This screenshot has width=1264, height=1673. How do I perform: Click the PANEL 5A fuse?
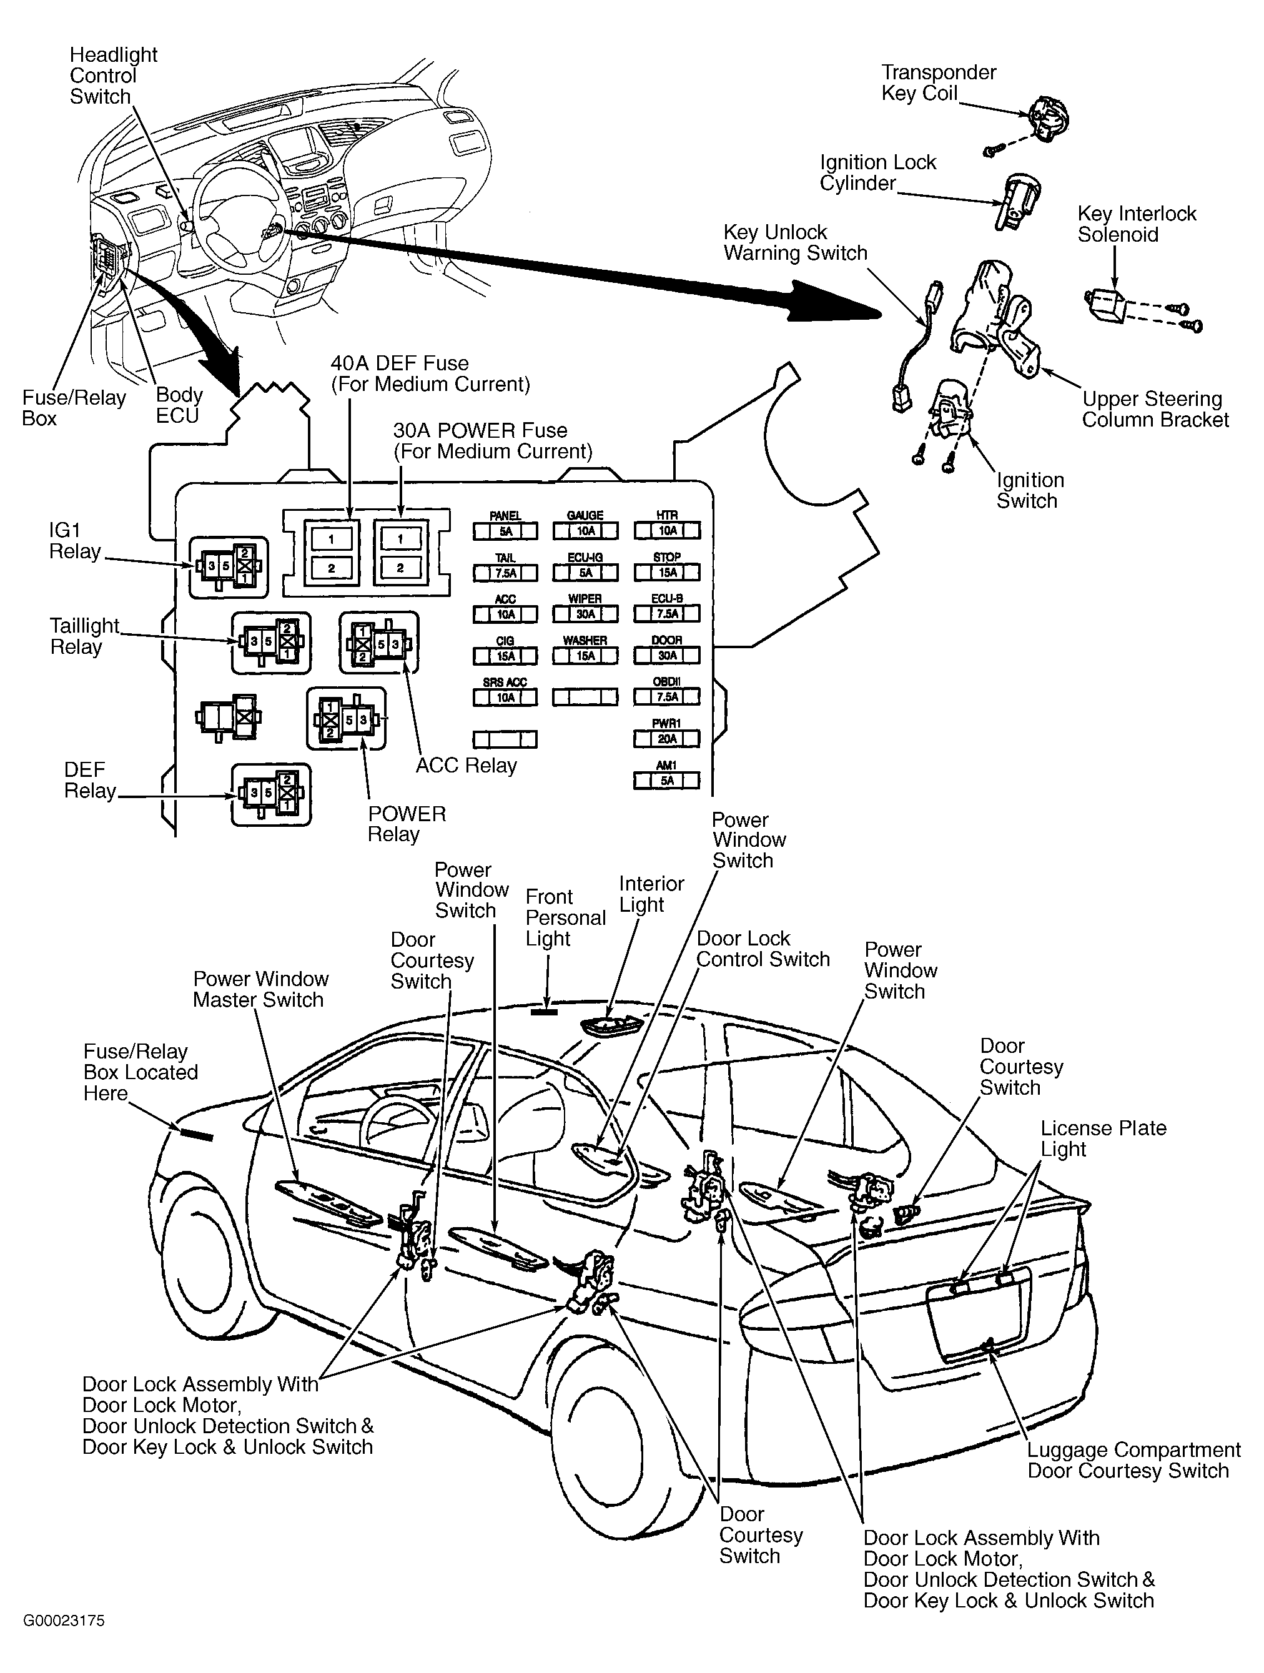(505, 531)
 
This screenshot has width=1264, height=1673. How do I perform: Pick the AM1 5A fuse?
(666, 780)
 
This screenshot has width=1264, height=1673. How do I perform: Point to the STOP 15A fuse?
(666, 573)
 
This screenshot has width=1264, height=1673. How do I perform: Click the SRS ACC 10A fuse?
(505, 698)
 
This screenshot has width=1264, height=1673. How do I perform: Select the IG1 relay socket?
(228, 566)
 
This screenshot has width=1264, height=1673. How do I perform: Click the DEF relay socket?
(271, 793)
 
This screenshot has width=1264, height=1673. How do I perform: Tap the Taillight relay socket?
(271, 642)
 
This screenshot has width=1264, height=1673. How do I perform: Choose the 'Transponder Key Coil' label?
(938, 83)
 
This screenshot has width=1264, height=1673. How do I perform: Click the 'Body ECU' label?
(179, 405)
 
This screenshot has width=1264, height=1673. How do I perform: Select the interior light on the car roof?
(611, 1025)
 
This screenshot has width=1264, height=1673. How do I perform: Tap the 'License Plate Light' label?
(1103, 1138)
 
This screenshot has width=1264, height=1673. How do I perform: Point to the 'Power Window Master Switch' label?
(260, 989)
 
